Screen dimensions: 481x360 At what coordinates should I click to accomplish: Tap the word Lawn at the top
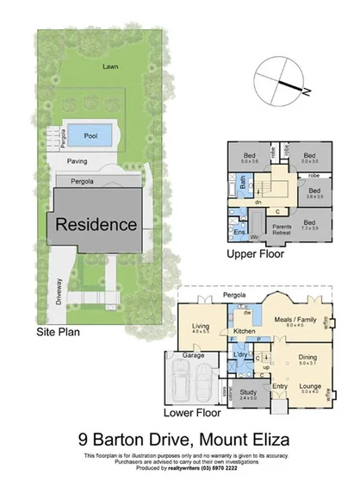109,66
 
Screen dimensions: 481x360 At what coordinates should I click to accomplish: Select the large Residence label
96,224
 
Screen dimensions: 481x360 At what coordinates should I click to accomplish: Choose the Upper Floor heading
257,255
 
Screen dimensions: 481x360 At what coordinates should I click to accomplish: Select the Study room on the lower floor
248,395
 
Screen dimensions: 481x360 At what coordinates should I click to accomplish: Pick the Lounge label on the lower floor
311,389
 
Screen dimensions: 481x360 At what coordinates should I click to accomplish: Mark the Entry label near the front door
281,385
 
